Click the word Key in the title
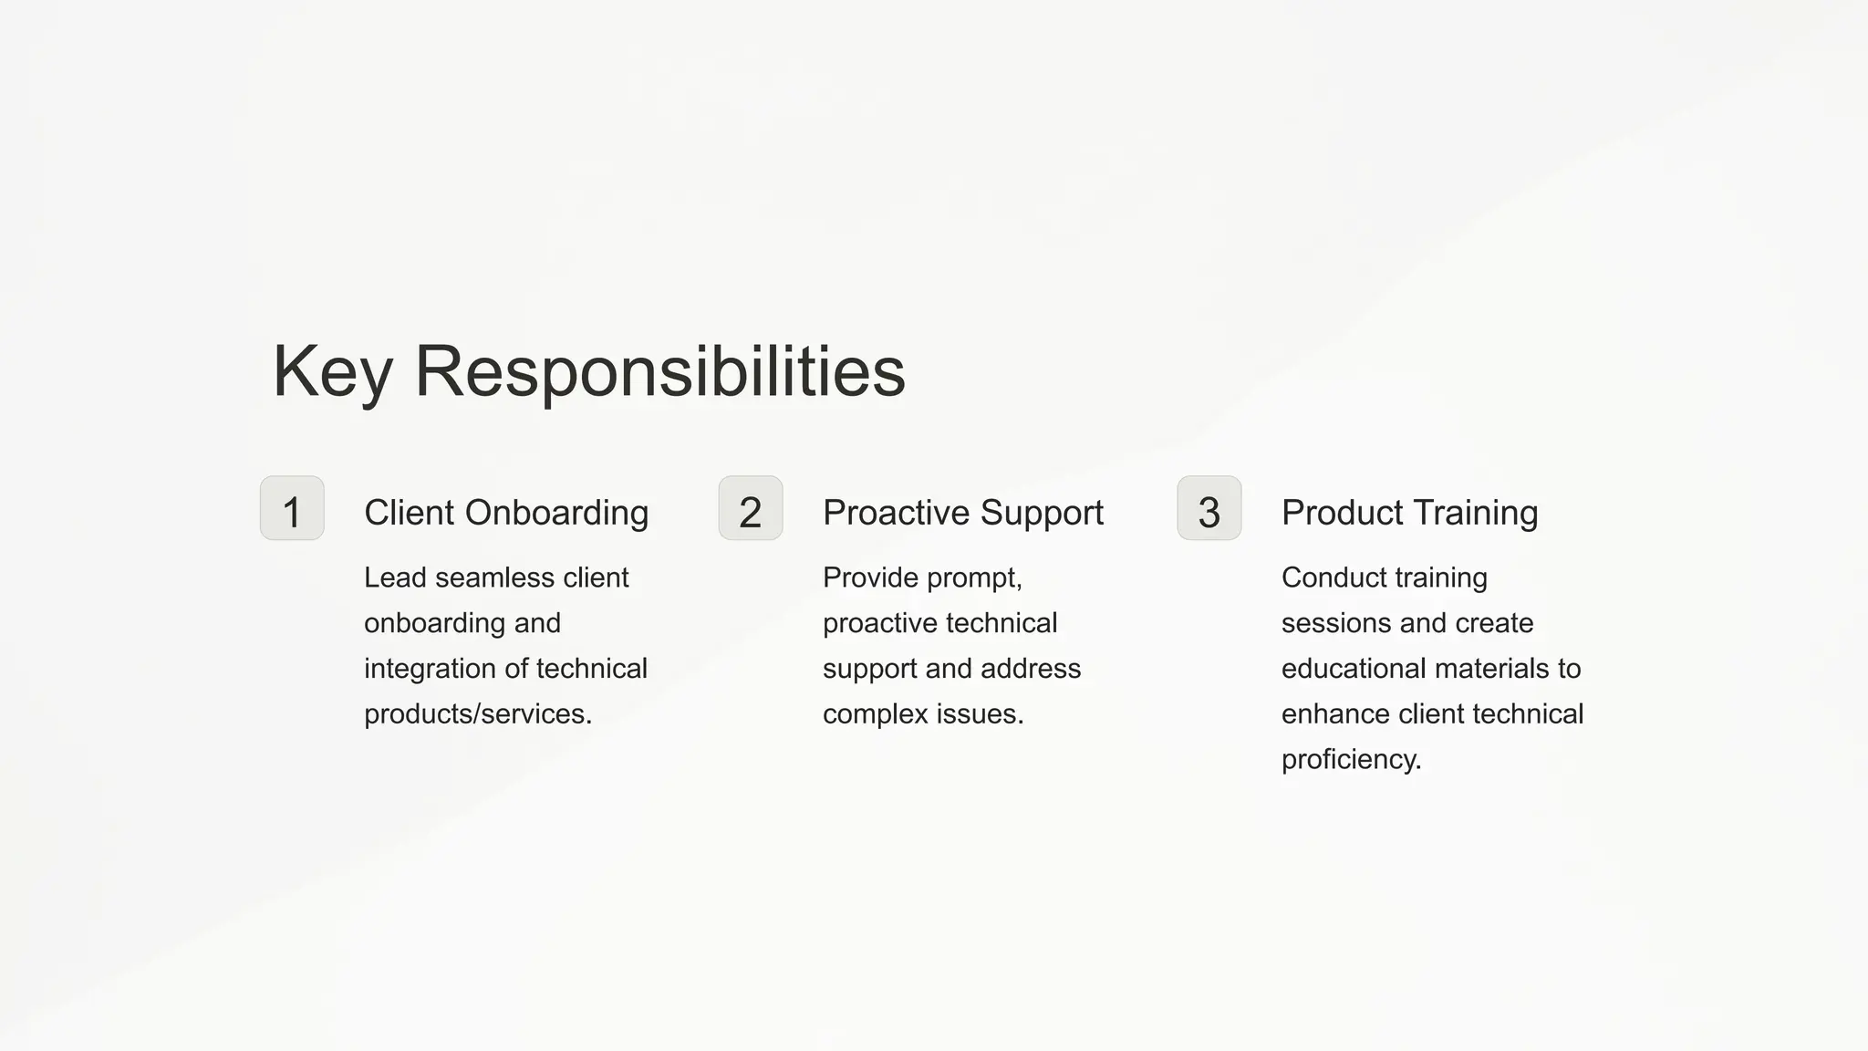point(332,372)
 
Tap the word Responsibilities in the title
point(659,372)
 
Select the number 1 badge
point(292,508)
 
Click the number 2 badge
point(751,508)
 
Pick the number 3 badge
point(1209,508)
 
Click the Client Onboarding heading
point(506,513)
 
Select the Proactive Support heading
point(963,513)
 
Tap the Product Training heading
point(1409,513)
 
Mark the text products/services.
point(478,714)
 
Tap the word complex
point(876,714)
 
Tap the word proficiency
point(1351,760)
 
